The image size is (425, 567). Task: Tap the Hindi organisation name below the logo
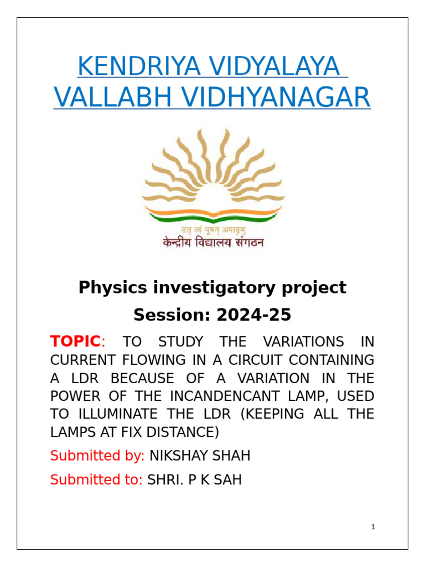click(213, 243)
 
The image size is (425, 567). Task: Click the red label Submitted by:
click(97, 456)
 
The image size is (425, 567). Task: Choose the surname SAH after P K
click(228, 480)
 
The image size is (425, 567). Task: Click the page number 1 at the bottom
click(374, 527)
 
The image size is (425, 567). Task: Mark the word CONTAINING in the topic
click(338, 360)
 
